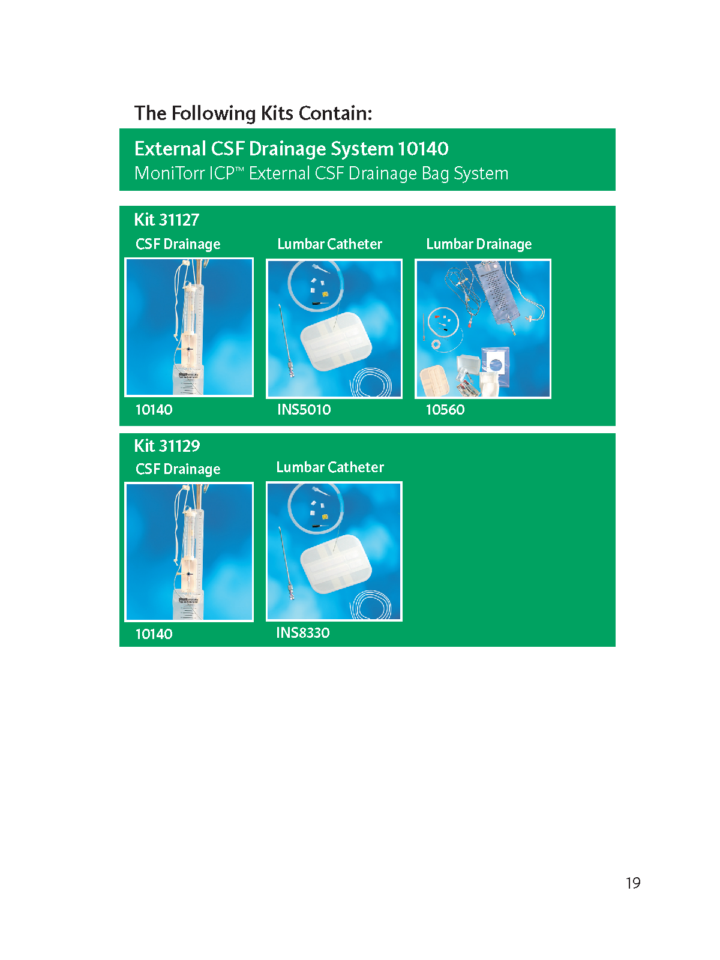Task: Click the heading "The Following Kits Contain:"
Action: tap(253, 113)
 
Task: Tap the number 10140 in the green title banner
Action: tap(423, 149)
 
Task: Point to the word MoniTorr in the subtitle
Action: tap(170, 173)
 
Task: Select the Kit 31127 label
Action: tap(167, 220)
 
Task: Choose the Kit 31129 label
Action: tap(167, 446)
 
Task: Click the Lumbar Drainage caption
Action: tap(479, 244)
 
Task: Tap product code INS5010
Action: tap(304, 409)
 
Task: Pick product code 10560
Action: tap(445, 409)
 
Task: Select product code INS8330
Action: tap(302, 632)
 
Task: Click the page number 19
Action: tap(632, 883)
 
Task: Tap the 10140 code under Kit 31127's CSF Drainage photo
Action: tap(154, 409)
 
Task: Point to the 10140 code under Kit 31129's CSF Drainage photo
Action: tap(154, 634)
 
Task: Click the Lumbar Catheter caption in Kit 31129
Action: tap(330, 467)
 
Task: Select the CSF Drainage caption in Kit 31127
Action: tap(178, 244)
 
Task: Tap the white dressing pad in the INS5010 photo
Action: tap(336, 341)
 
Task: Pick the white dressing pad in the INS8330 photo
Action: tap(336, 564)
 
